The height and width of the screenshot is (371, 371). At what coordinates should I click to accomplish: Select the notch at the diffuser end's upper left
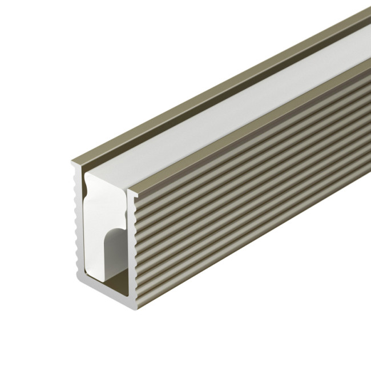click(87, 183)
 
